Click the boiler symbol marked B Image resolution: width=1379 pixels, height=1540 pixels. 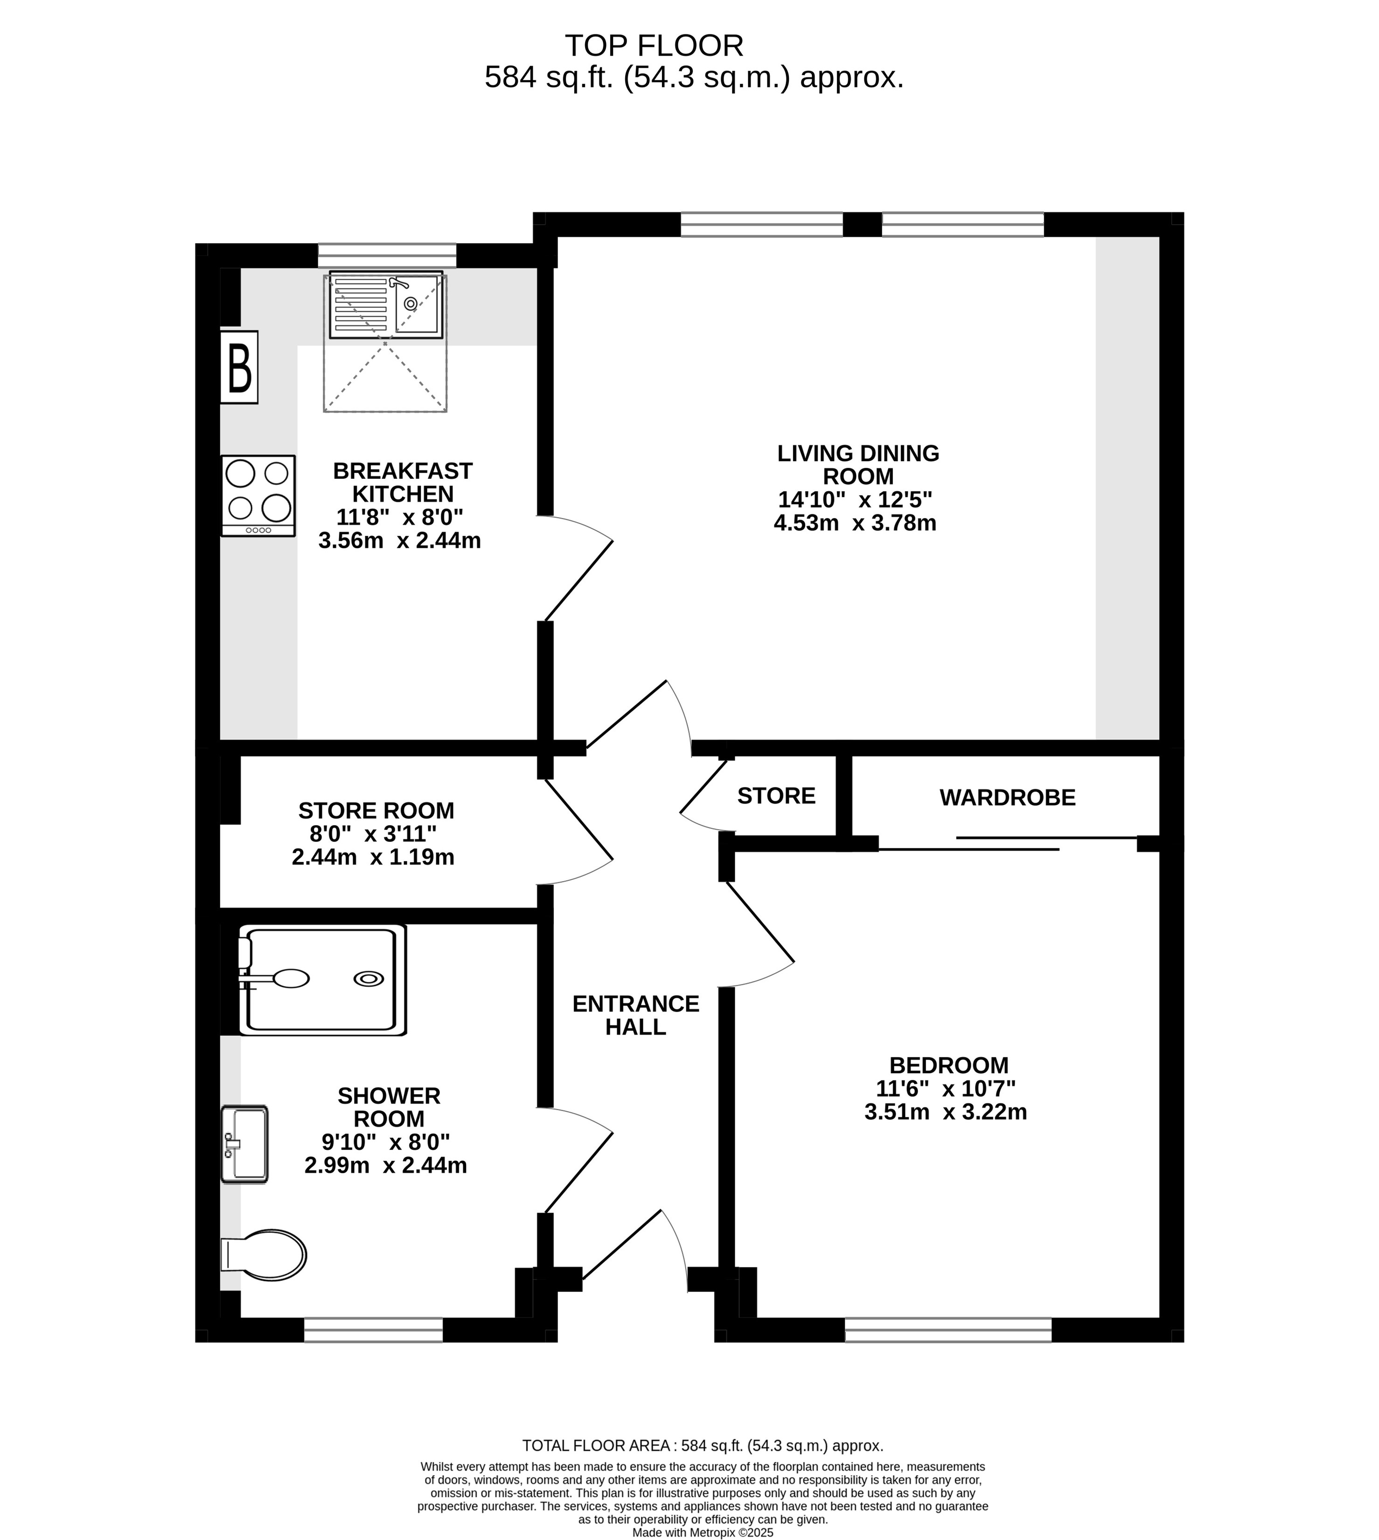coord(239,367)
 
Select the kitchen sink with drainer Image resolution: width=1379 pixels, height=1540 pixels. coord(386,305)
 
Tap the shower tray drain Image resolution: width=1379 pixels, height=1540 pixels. coord(369,979)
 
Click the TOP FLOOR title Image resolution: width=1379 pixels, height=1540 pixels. coord(654,46)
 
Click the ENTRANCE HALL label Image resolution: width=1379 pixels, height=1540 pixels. coord(636,1015)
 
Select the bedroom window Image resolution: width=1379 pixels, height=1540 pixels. coord(948,1330)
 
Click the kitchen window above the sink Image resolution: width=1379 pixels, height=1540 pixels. coord(387,255)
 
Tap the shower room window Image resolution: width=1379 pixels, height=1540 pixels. coord(374,1330)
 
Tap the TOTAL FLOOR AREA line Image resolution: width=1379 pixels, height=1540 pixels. coord(703,1446)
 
